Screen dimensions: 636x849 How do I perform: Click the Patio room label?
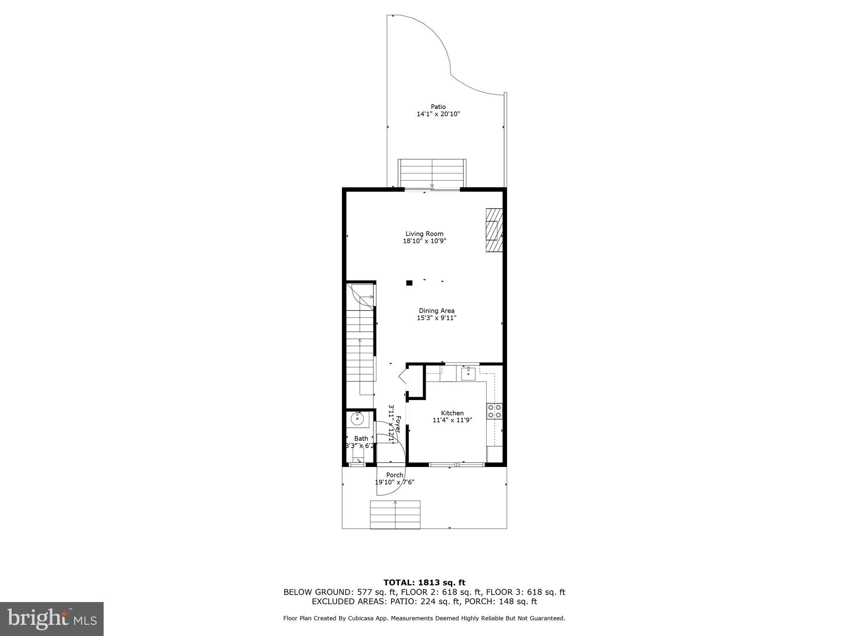click(x=438, y=107)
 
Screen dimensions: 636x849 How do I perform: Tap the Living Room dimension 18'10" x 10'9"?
click(x=424, y=241)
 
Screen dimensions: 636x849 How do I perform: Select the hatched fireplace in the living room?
click(x=494, y=230)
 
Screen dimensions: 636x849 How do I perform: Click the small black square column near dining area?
click(x=409, y=283)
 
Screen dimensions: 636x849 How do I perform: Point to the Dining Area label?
click(x=437, y=311)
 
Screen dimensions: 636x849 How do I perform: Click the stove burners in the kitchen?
click(x=495, y=411)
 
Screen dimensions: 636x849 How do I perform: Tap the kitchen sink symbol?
click(x=468, y=373)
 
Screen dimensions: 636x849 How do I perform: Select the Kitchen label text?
click(x=452, y=413)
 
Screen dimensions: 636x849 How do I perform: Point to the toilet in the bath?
click(x=358, y=456)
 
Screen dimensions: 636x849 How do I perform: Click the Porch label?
click(x=395, y=475)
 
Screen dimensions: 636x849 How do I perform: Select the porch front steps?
click(x=395, y=514)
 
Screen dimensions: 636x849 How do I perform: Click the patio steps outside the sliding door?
click(x=432, y=173)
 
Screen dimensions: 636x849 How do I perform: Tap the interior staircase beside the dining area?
click(x=360, y=344)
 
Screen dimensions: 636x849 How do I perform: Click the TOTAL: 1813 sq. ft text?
click(x=424, y=583)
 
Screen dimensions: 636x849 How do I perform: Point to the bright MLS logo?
click(x=52, y=619)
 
